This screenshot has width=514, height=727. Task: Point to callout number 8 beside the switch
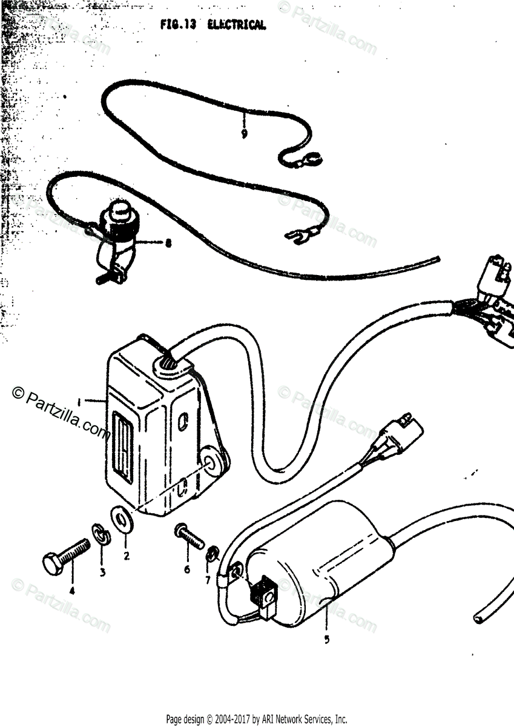168,244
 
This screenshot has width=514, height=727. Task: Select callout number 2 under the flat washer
127,555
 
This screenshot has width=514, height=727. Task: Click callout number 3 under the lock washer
102,571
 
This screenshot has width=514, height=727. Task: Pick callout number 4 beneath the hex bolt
72,591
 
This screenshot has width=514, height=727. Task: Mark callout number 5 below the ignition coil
327,639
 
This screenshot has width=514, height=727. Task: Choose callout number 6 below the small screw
186,569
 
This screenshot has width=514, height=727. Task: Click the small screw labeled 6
190,536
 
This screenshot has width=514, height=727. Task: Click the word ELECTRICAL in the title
236,25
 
